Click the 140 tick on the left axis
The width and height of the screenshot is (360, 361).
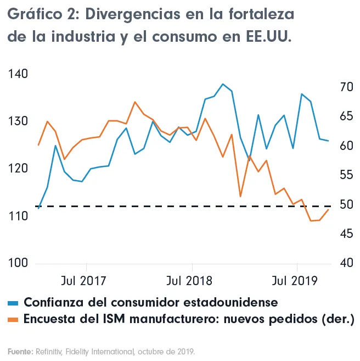coord(18,74)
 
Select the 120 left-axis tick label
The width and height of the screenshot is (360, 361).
coord(18,169)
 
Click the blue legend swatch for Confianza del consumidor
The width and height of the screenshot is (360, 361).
coord(13,303)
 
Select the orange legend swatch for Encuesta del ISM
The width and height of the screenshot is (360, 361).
coord(13,319)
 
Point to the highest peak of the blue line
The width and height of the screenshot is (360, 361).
coord(223,84)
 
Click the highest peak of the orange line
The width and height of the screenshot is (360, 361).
coord(135,102)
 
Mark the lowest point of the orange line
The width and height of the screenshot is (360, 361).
coord(311,221)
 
